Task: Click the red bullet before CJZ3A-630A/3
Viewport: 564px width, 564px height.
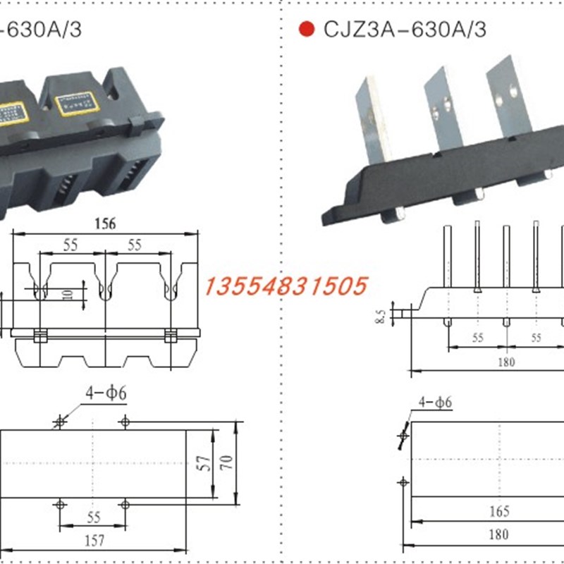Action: pyautogui.click(x=306, y=30)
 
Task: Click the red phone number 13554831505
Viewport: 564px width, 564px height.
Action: pyautogui.click(x=286, y=286)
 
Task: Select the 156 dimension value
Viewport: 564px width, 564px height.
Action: pyautogui.click(x=104, y=223)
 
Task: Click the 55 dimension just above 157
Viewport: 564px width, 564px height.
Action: pyautogui.click(x=93, y=517)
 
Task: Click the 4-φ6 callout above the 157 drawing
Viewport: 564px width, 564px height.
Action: pyautogui.click(x=106, y=393)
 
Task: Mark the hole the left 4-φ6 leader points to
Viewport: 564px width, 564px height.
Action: pyautogui.click(x=60, y=422)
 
